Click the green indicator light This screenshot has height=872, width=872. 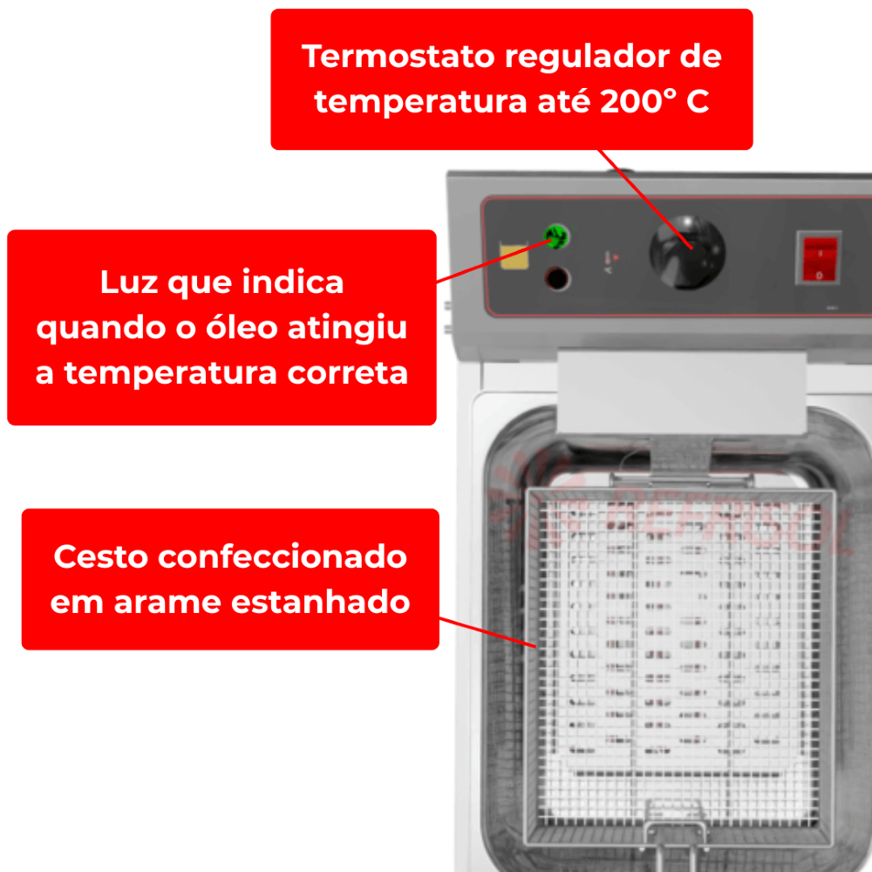(556, 237)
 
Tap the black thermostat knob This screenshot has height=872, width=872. (687, 252)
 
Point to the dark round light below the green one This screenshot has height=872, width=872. (557, 279)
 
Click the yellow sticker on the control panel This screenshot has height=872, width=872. (514, 256)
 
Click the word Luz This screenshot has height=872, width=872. (128, 282)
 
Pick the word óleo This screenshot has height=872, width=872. (242, 326)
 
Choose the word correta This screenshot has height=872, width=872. (348, 373)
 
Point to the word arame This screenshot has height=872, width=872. (167, 603)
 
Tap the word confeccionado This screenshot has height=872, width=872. (283, 556)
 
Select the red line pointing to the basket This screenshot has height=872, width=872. (487, 632)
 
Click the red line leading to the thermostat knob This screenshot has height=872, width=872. (645, 199)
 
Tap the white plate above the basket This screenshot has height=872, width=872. (682, 392)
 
